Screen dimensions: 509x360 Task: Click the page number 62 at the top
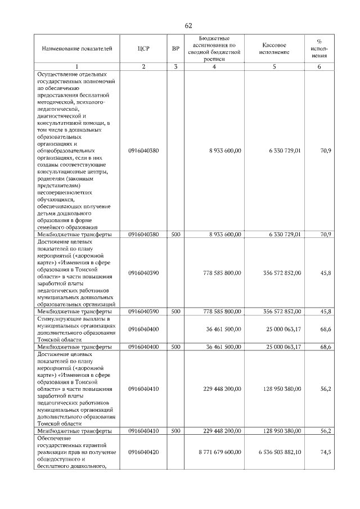click(x=188, y=26)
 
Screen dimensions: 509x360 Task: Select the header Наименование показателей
click(x=77, y=49)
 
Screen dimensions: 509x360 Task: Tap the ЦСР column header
click(x=143, y=49)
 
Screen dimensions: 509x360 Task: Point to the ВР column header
click(x=175, y=49)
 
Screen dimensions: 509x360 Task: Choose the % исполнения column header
click(x=319, y=49)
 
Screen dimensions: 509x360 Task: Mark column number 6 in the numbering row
click(x=319, y=67)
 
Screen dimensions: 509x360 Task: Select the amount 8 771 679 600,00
click(x=220, y=452)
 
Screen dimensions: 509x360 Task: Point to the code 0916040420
click(x=143, y=452)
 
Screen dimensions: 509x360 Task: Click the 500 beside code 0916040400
click(x=175, y=347)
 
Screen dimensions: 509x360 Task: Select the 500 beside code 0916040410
click(x=175, y=431)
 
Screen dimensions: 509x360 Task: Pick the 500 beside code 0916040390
click(x=175, y=311)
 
